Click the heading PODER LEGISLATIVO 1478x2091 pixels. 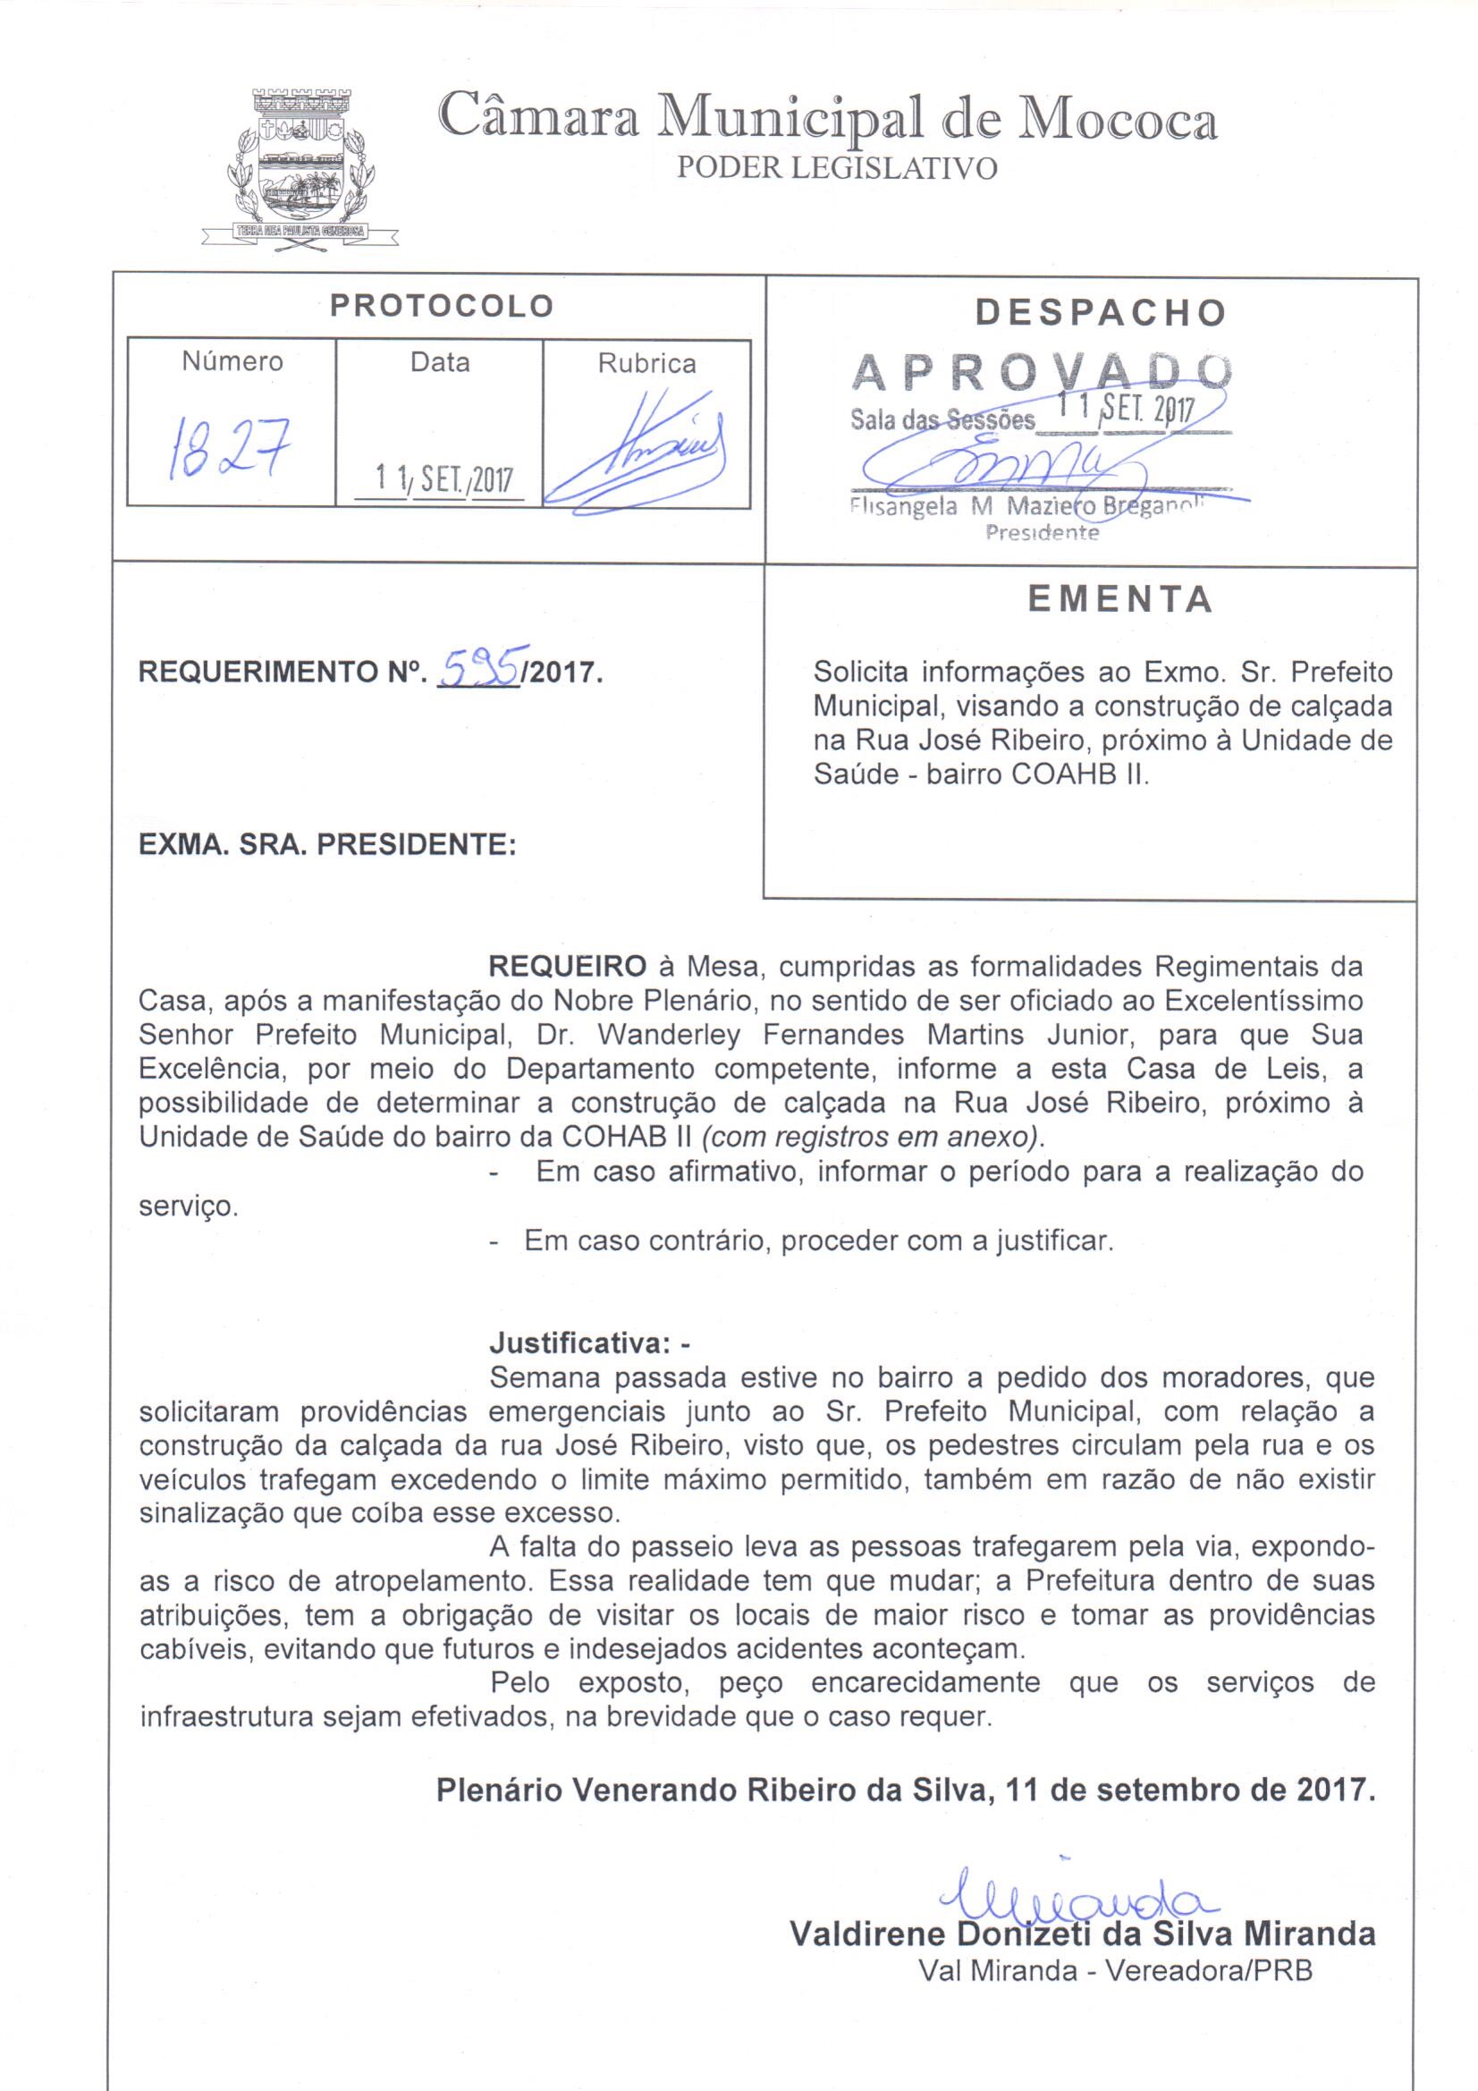pos(837,168)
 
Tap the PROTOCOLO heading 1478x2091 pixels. pos(442,306)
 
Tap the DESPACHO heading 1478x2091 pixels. pos(1100,312)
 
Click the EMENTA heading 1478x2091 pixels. pos(1120,599)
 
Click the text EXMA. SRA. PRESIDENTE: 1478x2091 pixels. pos(327,845)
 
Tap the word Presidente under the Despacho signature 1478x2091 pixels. pos(1042,534)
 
